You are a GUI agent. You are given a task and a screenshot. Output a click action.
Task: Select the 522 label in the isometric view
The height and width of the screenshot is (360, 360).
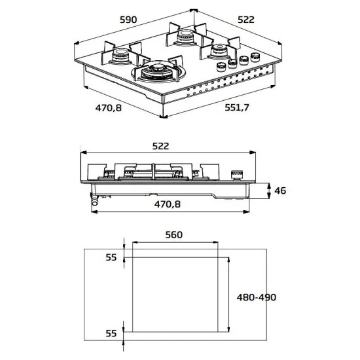(245, 20)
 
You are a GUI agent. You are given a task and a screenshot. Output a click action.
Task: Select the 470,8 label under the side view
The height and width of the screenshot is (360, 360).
(168, 204)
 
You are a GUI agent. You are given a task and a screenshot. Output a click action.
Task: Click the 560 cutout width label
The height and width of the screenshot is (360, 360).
(173, 234)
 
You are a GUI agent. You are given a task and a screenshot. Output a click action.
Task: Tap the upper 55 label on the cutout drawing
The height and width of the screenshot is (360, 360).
(111, 257)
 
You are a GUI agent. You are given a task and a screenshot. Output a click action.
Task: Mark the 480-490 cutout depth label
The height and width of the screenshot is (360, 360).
(256, 297)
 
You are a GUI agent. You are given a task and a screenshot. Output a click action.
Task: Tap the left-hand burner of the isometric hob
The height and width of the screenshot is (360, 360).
(122, 55)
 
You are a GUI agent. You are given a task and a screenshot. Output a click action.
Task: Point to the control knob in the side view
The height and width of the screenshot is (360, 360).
(236, 173)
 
